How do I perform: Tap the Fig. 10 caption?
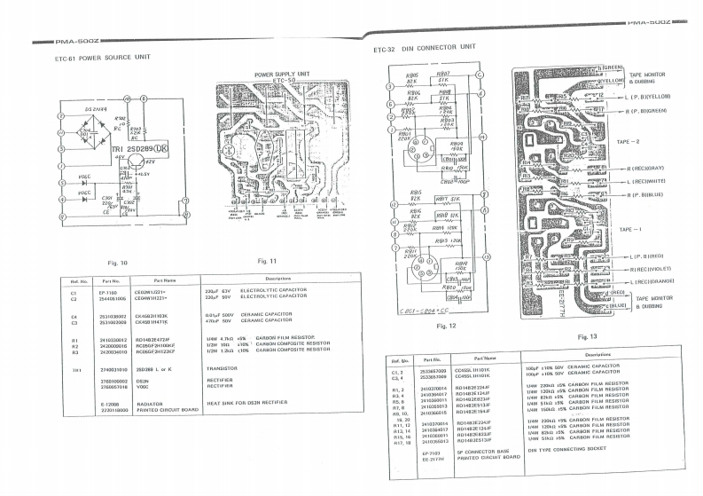pos(117,263)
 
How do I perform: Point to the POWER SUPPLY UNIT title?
pos(282,75)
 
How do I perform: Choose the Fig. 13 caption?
pos(588,337)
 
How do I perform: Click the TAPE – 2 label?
pos(628,141)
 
